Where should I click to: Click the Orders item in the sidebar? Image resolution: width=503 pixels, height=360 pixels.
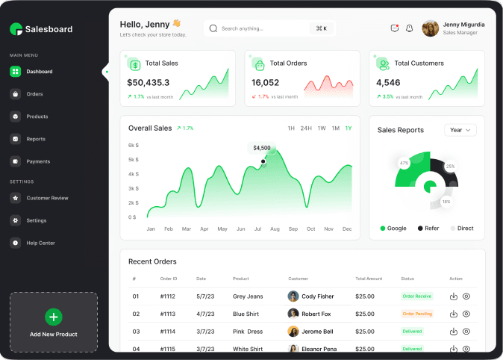click(34, 94)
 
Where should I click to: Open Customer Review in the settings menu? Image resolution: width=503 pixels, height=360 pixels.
click(47, 198)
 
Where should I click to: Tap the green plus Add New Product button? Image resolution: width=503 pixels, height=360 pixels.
click(54, 317)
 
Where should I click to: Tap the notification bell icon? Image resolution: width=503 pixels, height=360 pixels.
click(409, 28)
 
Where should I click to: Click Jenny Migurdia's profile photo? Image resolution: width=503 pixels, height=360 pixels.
click(431, 28)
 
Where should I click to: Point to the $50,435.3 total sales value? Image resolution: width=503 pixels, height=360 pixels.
click(148, 82)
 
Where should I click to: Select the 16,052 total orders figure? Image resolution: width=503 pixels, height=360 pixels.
click(265, 82)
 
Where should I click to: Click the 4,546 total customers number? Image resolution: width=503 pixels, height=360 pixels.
click(388, 82)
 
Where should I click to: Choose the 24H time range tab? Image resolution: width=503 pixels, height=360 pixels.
click(306, 128)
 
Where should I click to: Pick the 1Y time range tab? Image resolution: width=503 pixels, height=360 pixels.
click(349, 128)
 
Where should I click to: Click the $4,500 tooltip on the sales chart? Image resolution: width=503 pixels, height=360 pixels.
click(262, 148)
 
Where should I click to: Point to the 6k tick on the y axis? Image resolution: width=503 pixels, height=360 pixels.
click(132, 146)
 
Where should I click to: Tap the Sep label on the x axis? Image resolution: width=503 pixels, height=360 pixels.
click(293, 229)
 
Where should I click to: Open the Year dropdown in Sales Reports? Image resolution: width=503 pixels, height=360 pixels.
click(460, 130)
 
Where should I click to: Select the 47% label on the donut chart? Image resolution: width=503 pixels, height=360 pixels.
click(404, 163)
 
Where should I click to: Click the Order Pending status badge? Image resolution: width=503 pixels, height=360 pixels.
click(417, 314)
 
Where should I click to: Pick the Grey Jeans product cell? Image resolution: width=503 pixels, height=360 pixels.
click(248, 297)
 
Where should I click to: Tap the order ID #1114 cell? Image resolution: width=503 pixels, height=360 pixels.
click(168, 332)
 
